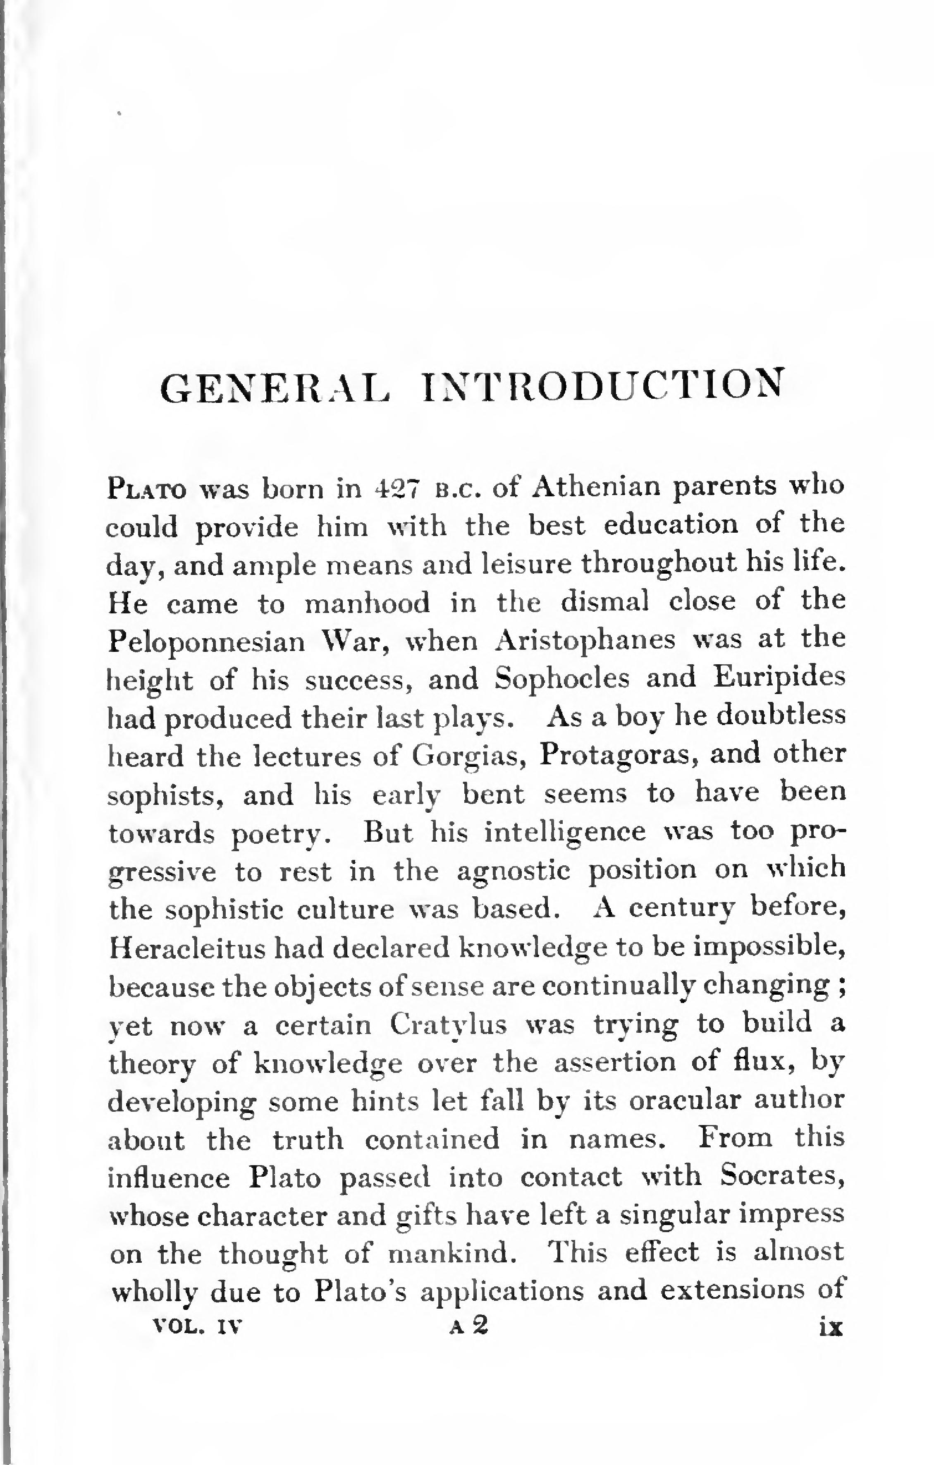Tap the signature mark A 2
click(469, 1326)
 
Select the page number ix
click(830, 1327)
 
